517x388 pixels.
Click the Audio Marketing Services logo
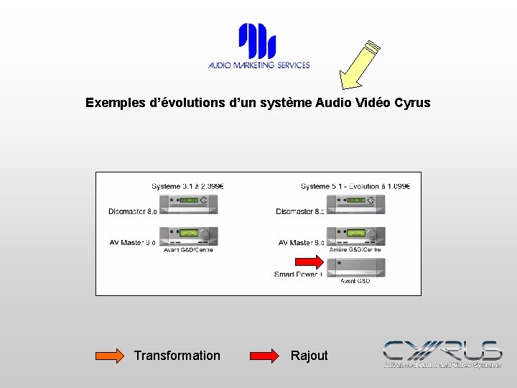[258, 47]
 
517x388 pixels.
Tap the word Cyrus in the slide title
[412, 103]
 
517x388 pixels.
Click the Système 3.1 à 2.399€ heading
[188, 186]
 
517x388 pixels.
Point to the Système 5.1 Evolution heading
[355, 186]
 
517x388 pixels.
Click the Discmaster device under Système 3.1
[188, 204]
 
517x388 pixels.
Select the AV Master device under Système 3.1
[188, 236]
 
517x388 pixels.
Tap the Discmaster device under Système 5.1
[355, 204]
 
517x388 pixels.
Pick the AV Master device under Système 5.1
[355, 236]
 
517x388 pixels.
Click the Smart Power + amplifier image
[355, 268]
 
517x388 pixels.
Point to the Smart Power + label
[298, 274]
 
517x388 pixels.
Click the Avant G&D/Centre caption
[188, 250]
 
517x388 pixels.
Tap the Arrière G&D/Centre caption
[355, 250]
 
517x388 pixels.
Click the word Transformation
[177, 356]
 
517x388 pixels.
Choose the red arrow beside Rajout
[264, 356]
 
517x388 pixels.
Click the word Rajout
[309, 356]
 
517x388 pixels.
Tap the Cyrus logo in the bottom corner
[442, 354]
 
